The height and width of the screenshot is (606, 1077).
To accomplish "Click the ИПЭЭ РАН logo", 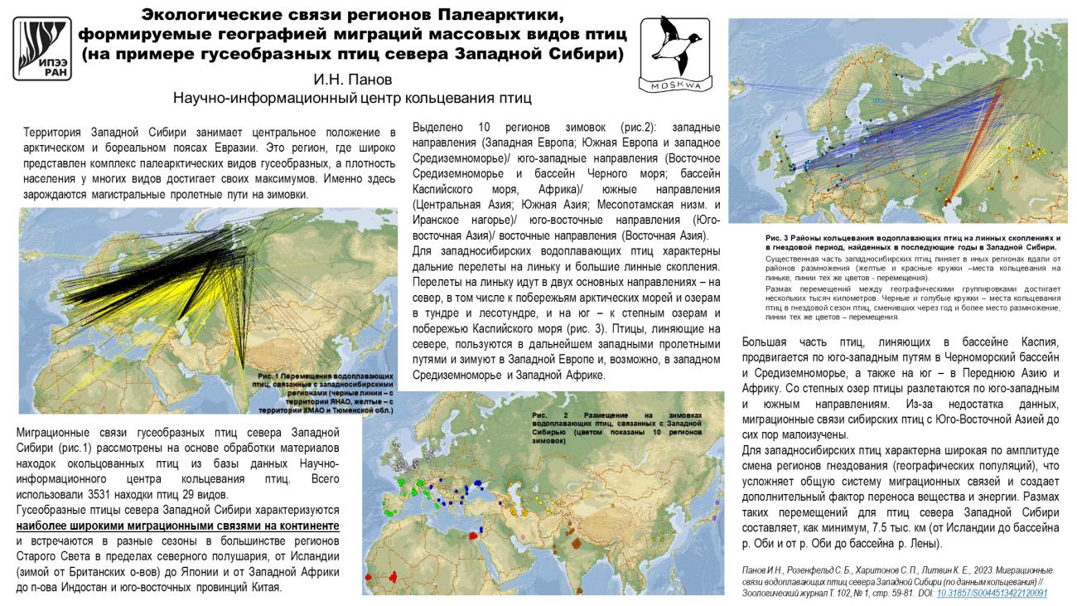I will point(45,49).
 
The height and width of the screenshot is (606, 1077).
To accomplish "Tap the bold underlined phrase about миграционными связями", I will point(178,526).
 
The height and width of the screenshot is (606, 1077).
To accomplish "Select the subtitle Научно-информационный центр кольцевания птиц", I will point(351,98).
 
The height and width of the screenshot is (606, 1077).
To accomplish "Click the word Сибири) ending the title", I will point(588,54).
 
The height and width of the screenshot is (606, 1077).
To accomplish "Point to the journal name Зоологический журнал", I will point(779,594).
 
